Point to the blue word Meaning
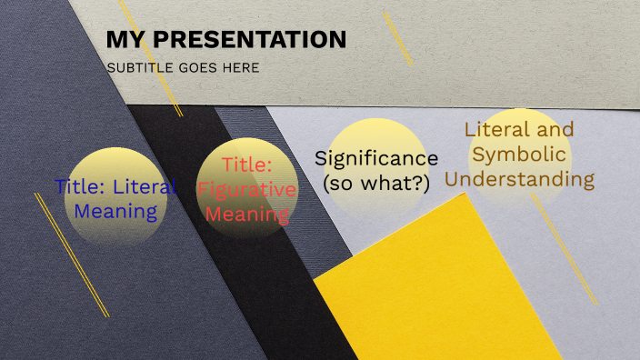click(115, 212)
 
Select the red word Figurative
click(247, 190)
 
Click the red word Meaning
click(247, 215)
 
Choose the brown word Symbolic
click(520, 154)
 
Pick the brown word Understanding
click(520, 179)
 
